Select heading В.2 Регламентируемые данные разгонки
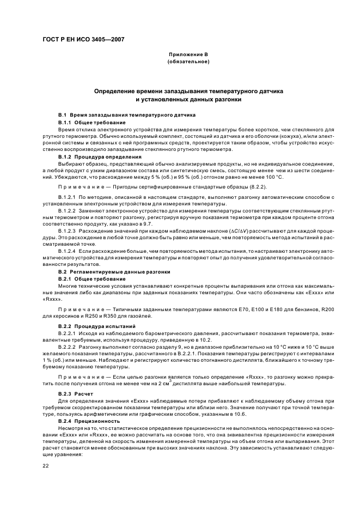click(114, 271)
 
